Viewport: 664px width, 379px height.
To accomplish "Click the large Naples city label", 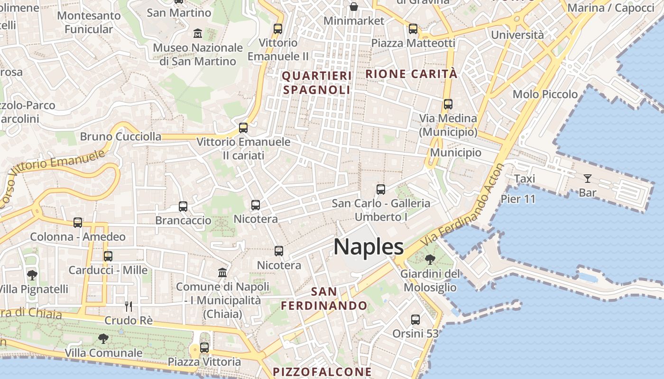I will coord(369,247).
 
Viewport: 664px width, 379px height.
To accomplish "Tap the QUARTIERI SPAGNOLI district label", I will coord(317,82).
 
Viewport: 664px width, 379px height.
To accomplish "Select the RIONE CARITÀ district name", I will coord(412,74).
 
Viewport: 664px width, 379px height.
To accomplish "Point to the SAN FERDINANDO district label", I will coord(324,298).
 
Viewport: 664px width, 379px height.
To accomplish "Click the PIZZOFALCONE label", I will coord(322,372).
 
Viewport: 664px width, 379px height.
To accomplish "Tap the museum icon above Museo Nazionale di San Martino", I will coord(198,34).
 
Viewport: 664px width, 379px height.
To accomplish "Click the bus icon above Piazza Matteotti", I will coord(413,29).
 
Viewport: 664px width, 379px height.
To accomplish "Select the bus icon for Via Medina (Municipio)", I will coord(448,104).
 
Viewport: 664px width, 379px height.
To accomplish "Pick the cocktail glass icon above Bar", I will coord(588,179).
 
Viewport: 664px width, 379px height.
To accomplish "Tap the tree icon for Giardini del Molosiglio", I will coord(430,259).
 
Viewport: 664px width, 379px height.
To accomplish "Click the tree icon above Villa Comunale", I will coord(103,338).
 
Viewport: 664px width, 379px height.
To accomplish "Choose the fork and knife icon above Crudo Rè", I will coord(128,306).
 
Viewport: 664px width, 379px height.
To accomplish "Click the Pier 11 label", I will coord(518,199).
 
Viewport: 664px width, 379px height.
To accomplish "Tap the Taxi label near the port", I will coord(525,179).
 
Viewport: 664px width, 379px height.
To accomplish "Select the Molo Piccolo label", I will coord(545,94).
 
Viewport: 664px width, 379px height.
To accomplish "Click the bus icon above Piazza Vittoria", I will coord(204,348).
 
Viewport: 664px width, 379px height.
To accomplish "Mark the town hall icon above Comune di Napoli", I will coord(222,272).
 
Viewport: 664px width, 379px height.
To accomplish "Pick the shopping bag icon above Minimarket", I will coord(354,7).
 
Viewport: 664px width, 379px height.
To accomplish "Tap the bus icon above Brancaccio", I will coord(183,207).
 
